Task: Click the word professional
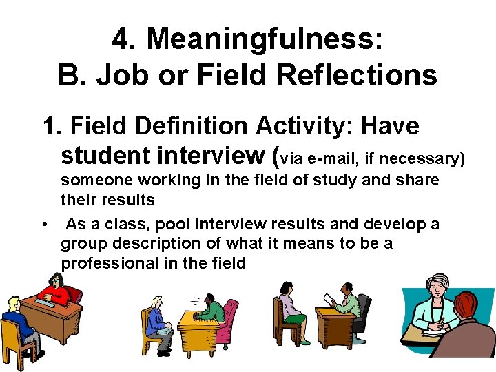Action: (107, 262)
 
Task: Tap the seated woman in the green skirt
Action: (291, 310)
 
